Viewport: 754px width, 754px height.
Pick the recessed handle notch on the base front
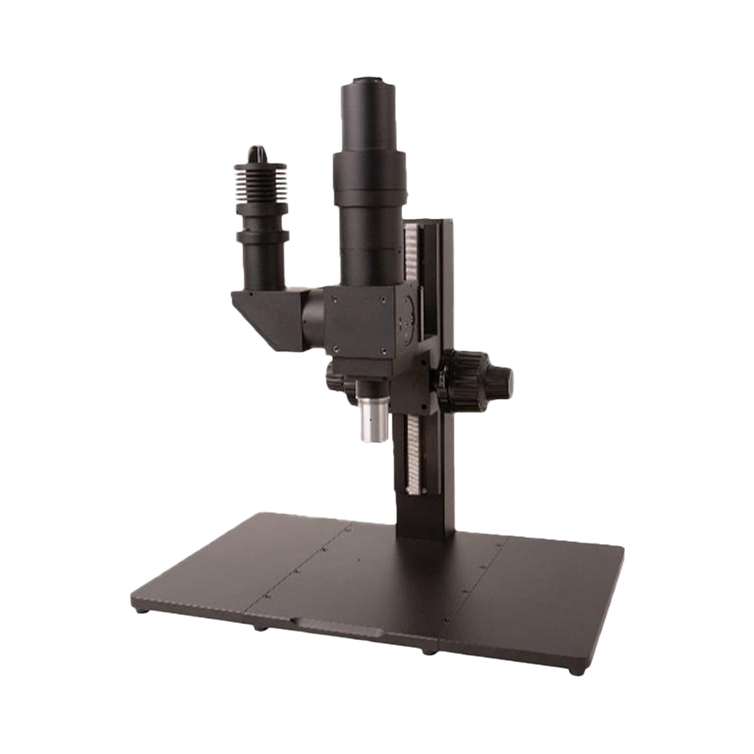[x=333, y=626]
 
